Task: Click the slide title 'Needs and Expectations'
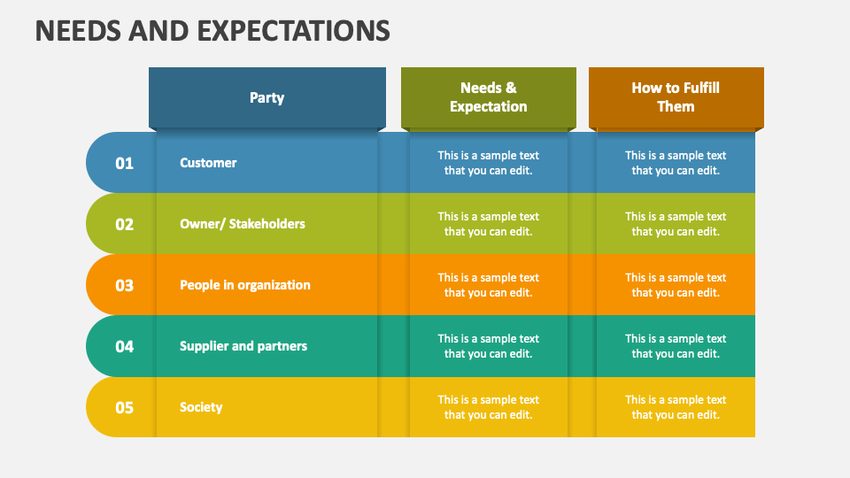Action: (212, 30)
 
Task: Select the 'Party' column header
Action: (267, 97)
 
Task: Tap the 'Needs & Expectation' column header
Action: (488, 97)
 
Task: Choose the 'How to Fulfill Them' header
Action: (676, 97)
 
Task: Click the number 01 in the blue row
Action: (124, 163)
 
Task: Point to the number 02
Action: (124, 224)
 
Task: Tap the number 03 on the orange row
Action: (124, 285)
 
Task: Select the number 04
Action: (124, 346)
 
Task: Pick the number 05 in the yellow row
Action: (124, 407)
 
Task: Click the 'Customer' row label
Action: (208, 163)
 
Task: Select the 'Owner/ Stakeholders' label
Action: (242, 224)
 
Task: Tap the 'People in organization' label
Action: (244, 285)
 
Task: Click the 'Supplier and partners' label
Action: (243, 346)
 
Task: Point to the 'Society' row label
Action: (201, 407)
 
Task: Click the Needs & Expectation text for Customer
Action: (488, 163)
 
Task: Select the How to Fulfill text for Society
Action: (676, 407)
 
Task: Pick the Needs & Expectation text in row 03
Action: (488, 285)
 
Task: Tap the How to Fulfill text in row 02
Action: (676, 224)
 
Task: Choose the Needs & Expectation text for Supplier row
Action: (488, 346)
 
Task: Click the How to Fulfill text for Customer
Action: (676, 163)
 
